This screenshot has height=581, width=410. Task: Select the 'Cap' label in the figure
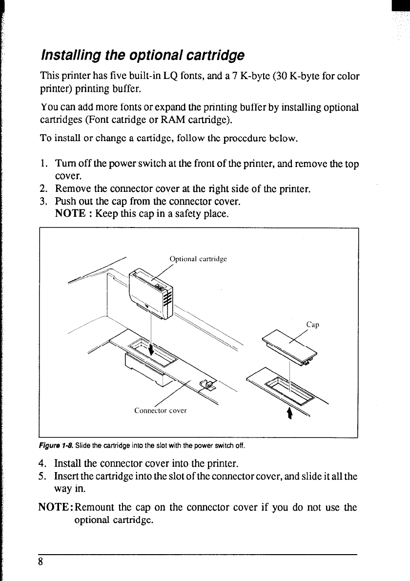(x=312, y=325)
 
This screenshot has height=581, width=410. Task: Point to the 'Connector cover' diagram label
(x=161, y=411)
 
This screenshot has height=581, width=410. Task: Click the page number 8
(x=42, y=561)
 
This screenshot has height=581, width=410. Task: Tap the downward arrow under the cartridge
(x=151, y=349)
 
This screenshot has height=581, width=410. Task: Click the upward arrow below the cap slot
(x=290, y=413)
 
